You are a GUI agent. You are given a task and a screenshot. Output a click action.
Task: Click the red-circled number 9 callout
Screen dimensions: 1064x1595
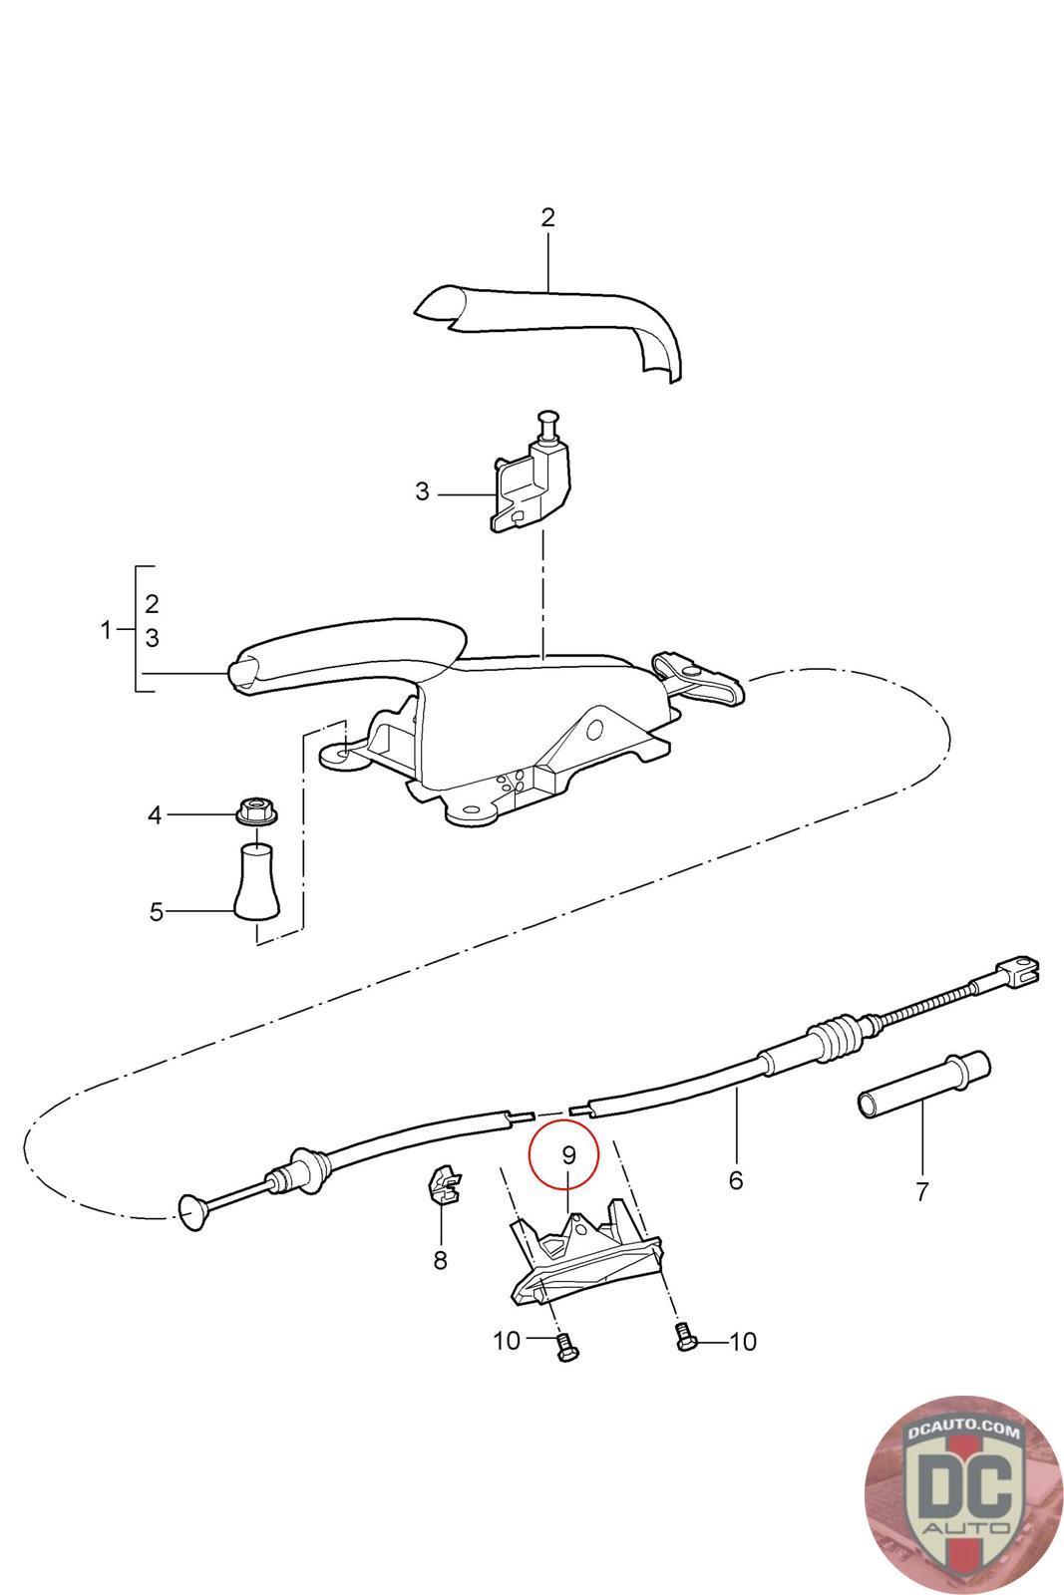(567, 1154)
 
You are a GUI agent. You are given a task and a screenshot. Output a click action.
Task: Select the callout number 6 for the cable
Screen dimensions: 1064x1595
(736, 1180)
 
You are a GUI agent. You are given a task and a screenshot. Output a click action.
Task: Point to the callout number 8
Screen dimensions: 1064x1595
(440, 1260)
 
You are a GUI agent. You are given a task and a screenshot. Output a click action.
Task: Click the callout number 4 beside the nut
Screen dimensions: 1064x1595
(155, 815)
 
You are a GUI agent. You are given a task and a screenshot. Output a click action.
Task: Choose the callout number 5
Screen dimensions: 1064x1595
(156, 911)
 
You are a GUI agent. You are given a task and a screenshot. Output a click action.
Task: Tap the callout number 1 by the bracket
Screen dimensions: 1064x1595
(108, 630)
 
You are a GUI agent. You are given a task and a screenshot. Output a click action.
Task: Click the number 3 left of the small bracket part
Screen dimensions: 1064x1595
(422, 491)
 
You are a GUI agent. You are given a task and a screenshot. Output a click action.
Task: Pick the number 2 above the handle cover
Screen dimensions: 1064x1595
(547, 217)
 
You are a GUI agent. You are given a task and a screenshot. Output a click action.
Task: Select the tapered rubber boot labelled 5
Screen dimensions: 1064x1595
(257, 881)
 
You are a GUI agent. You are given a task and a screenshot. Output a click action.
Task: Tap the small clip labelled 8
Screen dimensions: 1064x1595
(443, 1184)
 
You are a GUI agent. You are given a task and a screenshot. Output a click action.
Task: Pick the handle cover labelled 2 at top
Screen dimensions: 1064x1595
(558, 319)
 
